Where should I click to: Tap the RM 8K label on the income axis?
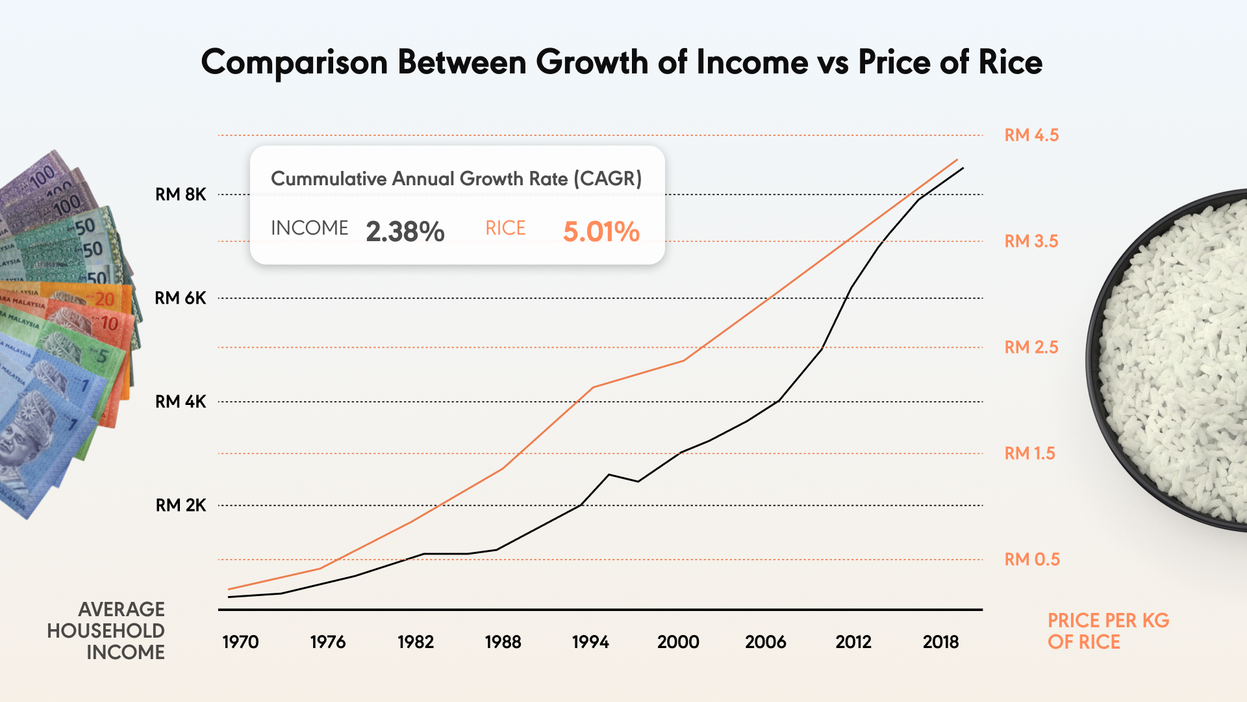coord(181,194)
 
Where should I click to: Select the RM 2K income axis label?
coord(181,505)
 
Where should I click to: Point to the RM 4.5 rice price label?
coord(1031,135)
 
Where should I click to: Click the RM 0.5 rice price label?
coord(1032,559)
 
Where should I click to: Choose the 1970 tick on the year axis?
coord(240,642)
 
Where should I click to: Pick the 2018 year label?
coord(940,642)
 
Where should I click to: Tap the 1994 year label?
coord(590,642)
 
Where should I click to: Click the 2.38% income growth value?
coord(405,231)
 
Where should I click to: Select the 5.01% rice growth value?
coord(601,231)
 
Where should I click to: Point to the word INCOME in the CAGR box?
coord(310,228)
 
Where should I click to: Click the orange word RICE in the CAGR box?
coord(505,228)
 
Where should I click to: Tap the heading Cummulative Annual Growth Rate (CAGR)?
coord(456,179)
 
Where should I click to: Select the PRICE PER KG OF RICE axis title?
coord(1108,631)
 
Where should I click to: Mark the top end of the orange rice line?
coord(957,160)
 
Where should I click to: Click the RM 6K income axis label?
coord(181,298)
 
